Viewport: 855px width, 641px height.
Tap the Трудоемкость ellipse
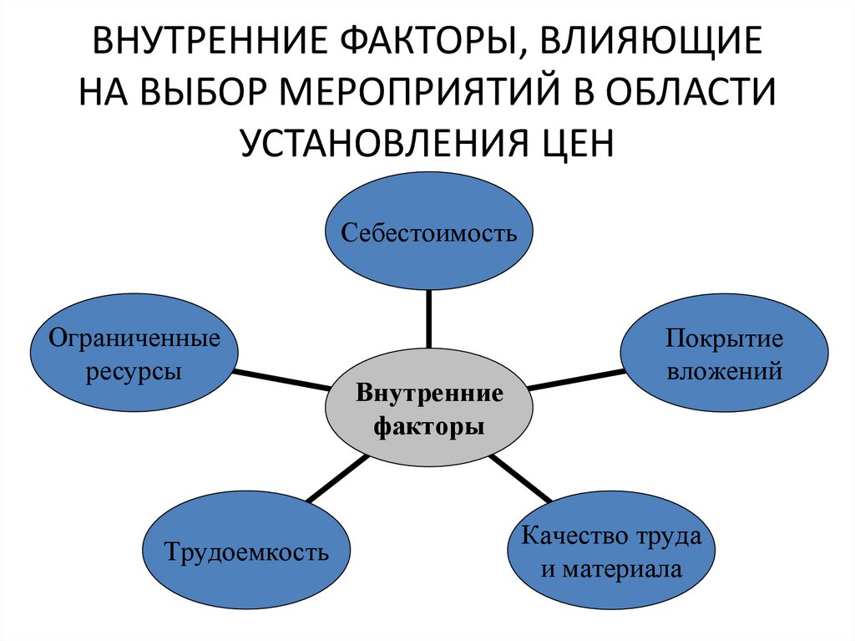pyautogui.click(x=247, y=552)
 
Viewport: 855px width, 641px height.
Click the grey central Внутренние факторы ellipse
pyautogui.click(x=428, y=410)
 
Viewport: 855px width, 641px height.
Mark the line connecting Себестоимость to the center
pyautogui.click(x=428, y=317)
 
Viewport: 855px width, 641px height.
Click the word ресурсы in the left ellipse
pyautogui.click(x=134, y=370)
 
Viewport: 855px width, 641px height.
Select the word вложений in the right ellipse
pyautogui.click(x=724, y=370)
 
